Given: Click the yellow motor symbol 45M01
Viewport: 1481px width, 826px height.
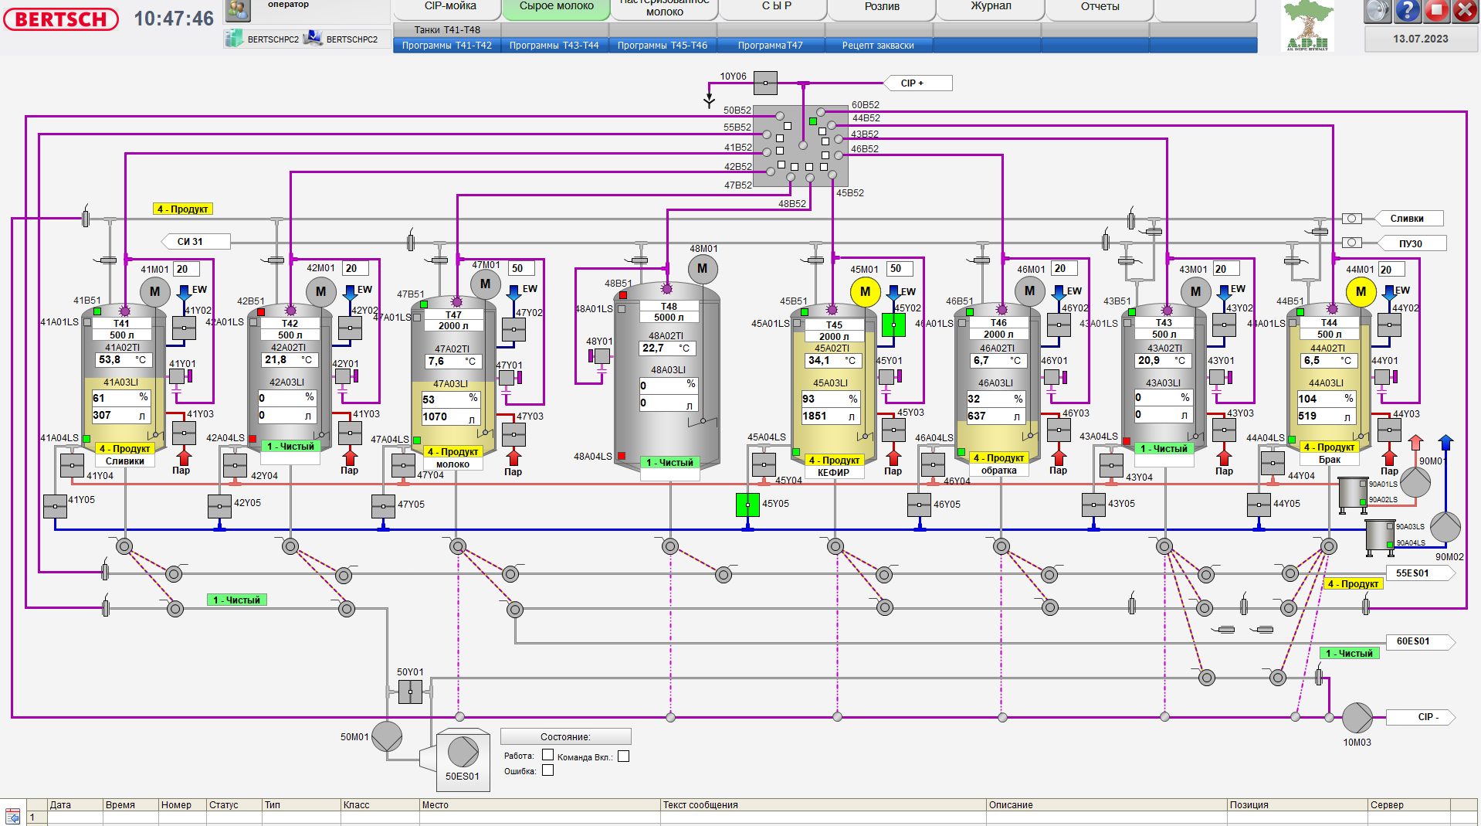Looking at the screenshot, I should (x=865, y=291).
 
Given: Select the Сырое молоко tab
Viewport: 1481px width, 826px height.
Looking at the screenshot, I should (x=556, y=7).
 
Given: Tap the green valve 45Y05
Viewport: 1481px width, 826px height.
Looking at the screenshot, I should (x=747, y=505).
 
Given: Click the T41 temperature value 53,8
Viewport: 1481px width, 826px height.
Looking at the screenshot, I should (x=110, y=360).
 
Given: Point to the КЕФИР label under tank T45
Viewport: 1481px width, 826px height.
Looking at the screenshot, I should (x=833, y=472).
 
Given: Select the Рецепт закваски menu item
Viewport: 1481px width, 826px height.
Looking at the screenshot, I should (x=878, y=46).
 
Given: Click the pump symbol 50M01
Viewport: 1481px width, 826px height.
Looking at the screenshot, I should (x=387, y=736).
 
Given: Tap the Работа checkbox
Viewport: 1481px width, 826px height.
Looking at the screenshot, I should (x=547, y=755).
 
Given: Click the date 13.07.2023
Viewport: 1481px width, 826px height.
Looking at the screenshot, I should (x=1420, y=39).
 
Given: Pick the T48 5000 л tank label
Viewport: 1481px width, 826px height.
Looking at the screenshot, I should (x=669, y=312).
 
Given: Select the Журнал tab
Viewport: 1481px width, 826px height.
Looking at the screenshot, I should (x=991, y=7).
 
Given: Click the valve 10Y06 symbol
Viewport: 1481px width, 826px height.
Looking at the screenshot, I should (x=765, y=83).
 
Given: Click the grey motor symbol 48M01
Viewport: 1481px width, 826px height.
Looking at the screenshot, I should (x=702, y=269).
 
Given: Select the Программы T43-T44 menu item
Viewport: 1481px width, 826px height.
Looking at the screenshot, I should (x=554, y=46).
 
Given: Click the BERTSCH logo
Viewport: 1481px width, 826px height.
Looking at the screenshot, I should (x=61, y=19).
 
